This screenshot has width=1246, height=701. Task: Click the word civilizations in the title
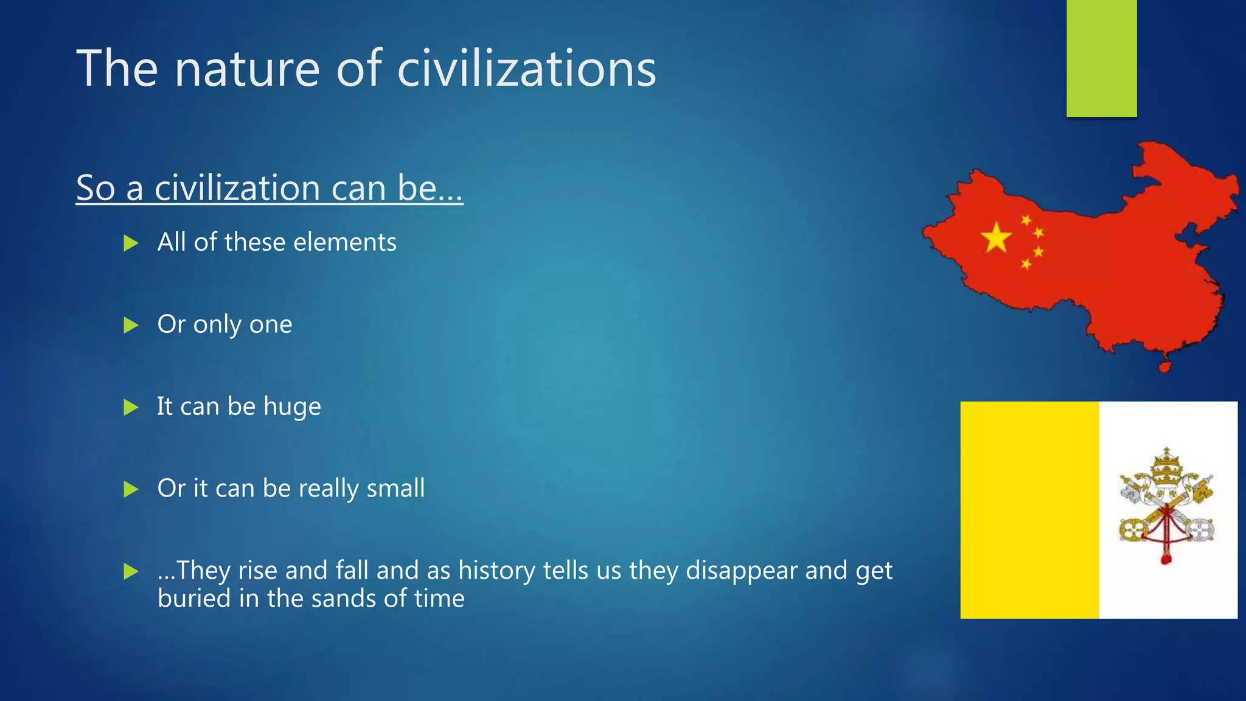pyautogui.click(x=526, y=69)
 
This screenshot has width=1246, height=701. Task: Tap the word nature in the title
pyautogui.click(x=247, y=69)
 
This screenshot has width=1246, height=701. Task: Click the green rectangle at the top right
pyautogui.click(x=1101, y=58)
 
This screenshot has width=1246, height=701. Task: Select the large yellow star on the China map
pyautogui.click(x=996, y=238)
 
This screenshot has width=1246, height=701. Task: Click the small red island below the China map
pyautogui.click(x=1164, y=367)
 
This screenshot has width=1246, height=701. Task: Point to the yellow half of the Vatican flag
pyautogui.click(x=1029, y=510)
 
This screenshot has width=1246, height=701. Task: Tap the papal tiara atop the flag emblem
pyautogui.click(x=1166, y=469)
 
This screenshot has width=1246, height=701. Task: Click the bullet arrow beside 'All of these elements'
pyautogui.click(x=131, y=243)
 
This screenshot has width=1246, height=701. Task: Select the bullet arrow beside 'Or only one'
pyautogui.click(x=131, y=326)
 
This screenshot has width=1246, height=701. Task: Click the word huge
pyautogui.click(x=292, y=407)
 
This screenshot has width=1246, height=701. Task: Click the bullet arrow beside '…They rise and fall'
pyautogui.click(x=131, y=571)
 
